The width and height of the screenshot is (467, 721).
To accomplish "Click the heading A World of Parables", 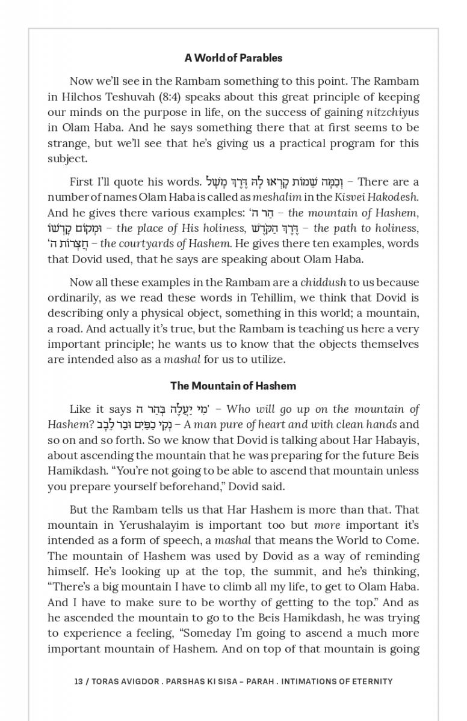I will (233, 58).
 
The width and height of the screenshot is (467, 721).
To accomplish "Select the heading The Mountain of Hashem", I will (233, 386).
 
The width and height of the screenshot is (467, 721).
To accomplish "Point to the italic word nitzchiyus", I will (392, 112).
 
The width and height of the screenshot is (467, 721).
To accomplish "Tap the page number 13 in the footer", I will (78, 681).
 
